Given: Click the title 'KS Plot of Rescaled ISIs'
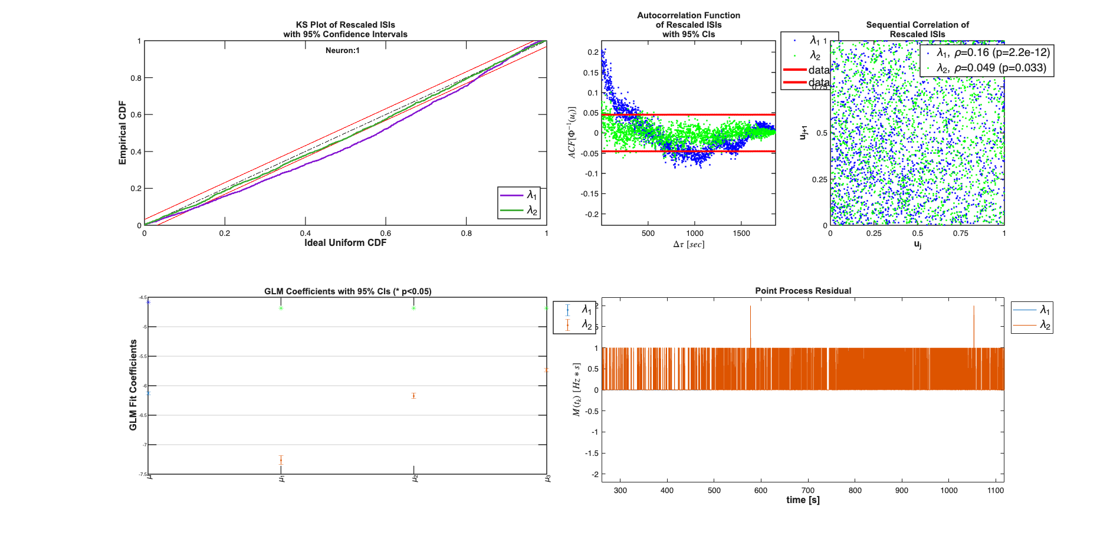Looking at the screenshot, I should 345,25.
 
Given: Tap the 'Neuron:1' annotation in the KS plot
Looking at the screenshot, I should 342,51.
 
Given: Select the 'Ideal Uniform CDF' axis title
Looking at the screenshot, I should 345,243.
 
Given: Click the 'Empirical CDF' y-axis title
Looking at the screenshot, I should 123,133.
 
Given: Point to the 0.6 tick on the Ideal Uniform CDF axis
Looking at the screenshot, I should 386,234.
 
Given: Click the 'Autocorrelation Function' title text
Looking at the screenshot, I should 688,15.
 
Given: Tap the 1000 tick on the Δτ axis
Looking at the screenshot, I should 695,234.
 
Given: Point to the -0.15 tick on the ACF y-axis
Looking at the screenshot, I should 590,194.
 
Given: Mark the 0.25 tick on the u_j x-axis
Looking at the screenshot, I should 874,234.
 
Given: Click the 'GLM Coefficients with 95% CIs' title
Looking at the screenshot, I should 347,291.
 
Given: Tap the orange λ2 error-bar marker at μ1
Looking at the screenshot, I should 281,460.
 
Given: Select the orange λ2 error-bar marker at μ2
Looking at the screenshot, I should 414,396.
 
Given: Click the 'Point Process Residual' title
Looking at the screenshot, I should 803,291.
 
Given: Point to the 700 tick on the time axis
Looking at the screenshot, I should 808,490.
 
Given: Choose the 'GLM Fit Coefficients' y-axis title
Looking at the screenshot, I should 133,385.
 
